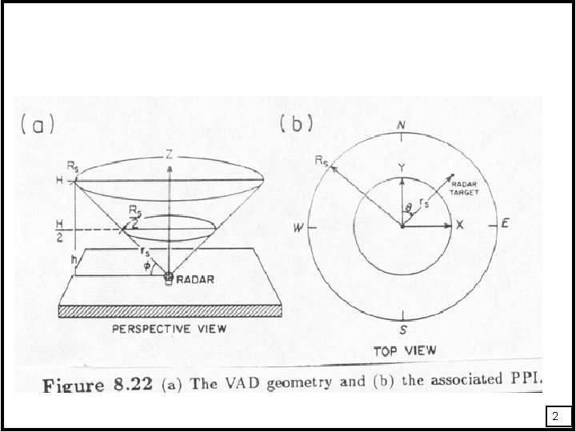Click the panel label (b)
coord(297,125)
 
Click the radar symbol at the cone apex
coord(169,278)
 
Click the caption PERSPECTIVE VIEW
coord(169,328)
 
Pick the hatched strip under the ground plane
coord(169,310)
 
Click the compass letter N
coord(401,127)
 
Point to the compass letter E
coord(506,224)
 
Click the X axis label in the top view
coord(460,226)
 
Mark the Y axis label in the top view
coord(401,167)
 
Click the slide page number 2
coord(557,416)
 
